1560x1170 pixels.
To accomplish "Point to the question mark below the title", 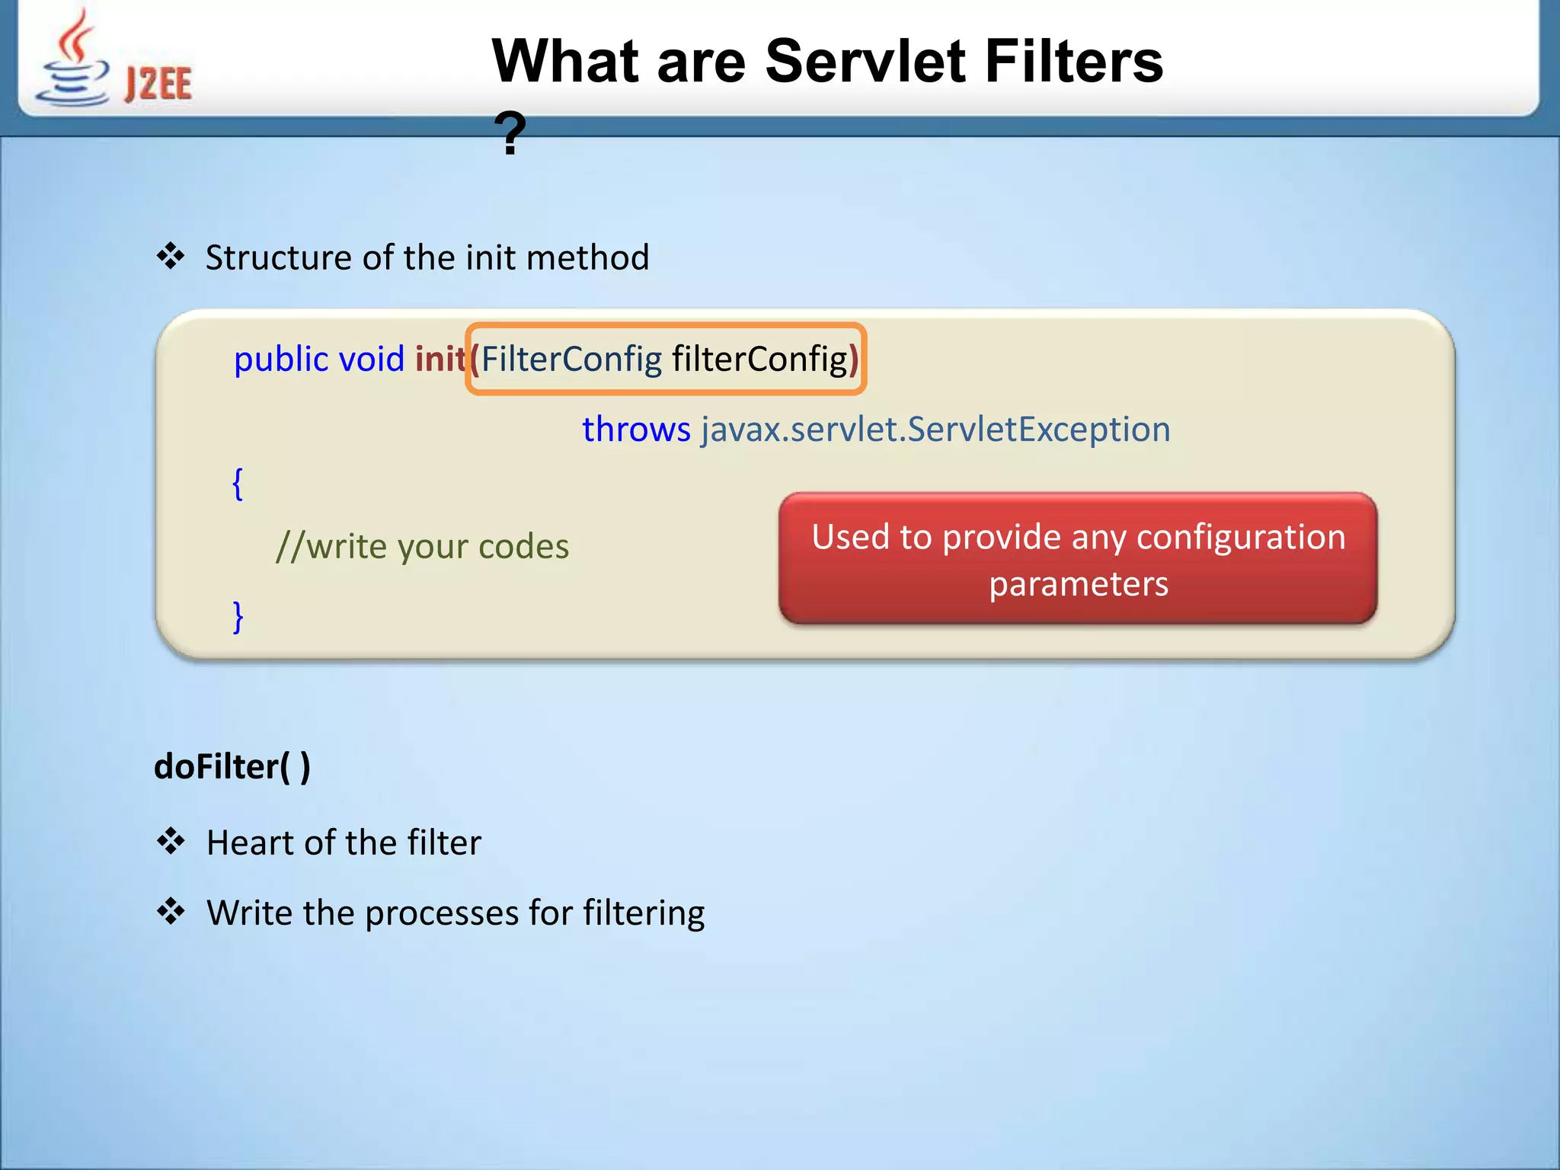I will click(x=510, y=134).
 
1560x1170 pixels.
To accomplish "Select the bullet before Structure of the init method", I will click(x=171, y=257).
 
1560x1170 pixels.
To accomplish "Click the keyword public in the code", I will click(x=280, y=359).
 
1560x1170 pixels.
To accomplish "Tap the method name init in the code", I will click(x=440, y=358).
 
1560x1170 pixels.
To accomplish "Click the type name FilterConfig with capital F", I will click(x=571, y=359).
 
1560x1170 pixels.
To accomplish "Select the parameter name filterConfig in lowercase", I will click(x=759, y=359).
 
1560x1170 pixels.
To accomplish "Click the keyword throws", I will click(x=636, y=429).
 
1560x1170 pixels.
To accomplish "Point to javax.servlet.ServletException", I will click(x=935, y=429).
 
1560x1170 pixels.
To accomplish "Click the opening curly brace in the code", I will click(x=238, y=484).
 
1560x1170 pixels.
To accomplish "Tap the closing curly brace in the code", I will click(x=238, y=616).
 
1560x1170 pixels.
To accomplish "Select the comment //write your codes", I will click(x=422, y=546).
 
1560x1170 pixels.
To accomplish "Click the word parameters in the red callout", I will click(x=1079, y=584).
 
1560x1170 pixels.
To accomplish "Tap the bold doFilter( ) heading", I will click(x=232, y=766).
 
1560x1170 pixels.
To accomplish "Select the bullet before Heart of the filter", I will click(x=171, y=842).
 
